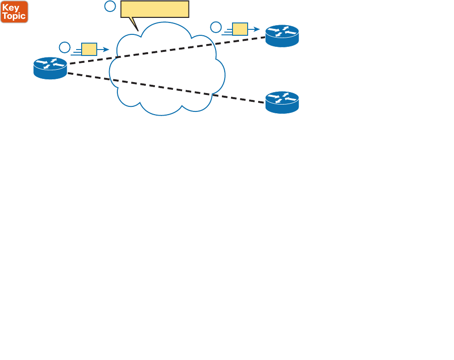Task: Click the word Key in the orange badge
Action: [11, 7]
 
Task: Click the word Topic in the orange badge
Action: [14, 16]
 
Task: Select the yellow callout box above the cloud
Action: [155, 9]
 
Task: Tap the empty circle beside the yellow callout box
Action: [110, 6]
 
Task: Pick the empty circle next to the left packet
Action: [65, 47]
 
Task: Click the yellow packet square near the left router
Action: [89, 49]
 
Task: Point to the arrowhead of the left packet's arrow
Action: [107, 49]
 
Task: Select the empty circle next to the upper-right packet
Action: [216, 27]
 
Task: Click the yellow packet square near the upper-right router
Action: [240, 29]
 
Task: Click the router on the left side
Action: [50, 68]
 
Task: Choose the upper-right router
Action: [282, 36]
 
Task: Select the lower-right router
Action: [282, 102]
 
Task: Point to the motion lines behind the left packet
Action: [76, 52]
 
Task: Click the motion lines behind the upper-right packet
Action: [227, 32]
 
